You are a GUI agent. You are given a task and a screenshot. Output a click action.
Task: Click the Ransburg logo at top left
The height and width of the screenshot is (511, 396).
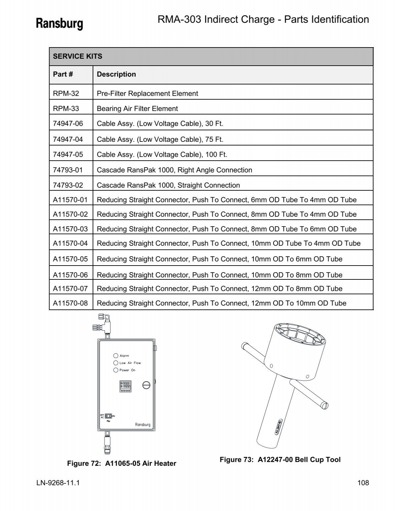(x=59, y=23)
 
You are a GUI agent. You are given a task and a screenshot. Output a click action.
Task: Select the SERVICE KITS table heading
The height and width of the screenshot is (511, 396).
(x=78, y=56)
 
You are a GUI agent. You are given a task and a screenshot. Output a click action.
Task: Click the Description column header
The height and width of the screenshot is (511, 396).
(x=116, y=75)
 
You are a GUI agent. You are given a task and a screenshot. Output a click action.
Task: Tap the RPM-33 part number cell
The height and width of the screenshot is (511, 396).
(x=66, y=109)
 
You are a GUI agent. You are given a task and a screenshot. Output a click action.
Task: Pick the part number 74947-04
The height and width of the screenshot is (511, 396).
(x=68, y=139)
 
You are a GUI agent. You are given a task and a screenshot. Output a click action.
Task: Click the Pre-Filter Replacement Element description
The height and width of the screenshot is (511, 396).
(x=147, y=94)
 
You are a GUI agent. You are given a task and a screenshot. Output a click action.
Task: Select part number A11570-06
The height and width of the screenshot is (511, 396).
(x=70, y=275)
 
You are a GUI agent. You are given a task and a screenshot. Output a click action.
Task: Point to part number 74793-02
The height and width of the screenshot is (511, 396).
(x=68, y=185)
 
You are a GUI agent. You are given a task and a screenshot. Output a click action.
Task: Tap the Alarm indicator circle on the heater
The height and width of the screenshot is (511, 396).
(x=116, y=356)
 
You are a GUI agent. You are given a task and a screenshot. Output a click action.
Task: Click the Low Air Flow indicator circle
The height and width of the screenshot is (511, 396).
(x=116, y=363)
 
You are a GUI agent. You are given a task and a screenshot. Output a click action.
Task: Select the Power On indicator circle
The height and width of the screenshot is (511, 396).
(x=116, y=370)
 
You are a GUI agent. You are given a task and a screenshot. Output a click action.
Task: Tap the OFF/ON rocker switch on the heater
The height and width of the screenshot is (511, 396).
(x=108, y=416)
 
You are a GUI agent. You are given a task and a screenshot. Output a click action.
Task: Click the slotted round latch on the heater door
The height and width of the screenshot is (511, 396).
(x=146, y=385)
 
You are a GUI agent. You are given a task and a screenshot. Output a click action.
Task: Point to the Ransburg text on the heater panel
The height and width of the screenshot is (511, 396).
(x=143, y=425)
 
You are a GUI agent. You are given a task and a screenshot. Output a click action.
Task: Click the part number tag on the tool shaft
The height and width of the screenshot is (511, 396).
(x=277, y=427)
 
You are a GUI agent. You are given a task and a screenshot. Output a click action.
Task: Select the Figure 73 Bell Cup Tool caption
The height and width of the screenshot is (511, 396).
(x=280, y=460)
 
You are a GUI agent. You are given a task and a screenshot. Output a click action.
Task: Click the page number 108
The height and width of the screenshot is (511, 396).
(x=363, y=483)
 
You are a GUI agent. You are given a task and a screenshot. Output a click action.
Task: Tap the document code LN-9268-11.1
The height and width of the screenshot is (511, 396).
(x=58, y=483)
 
